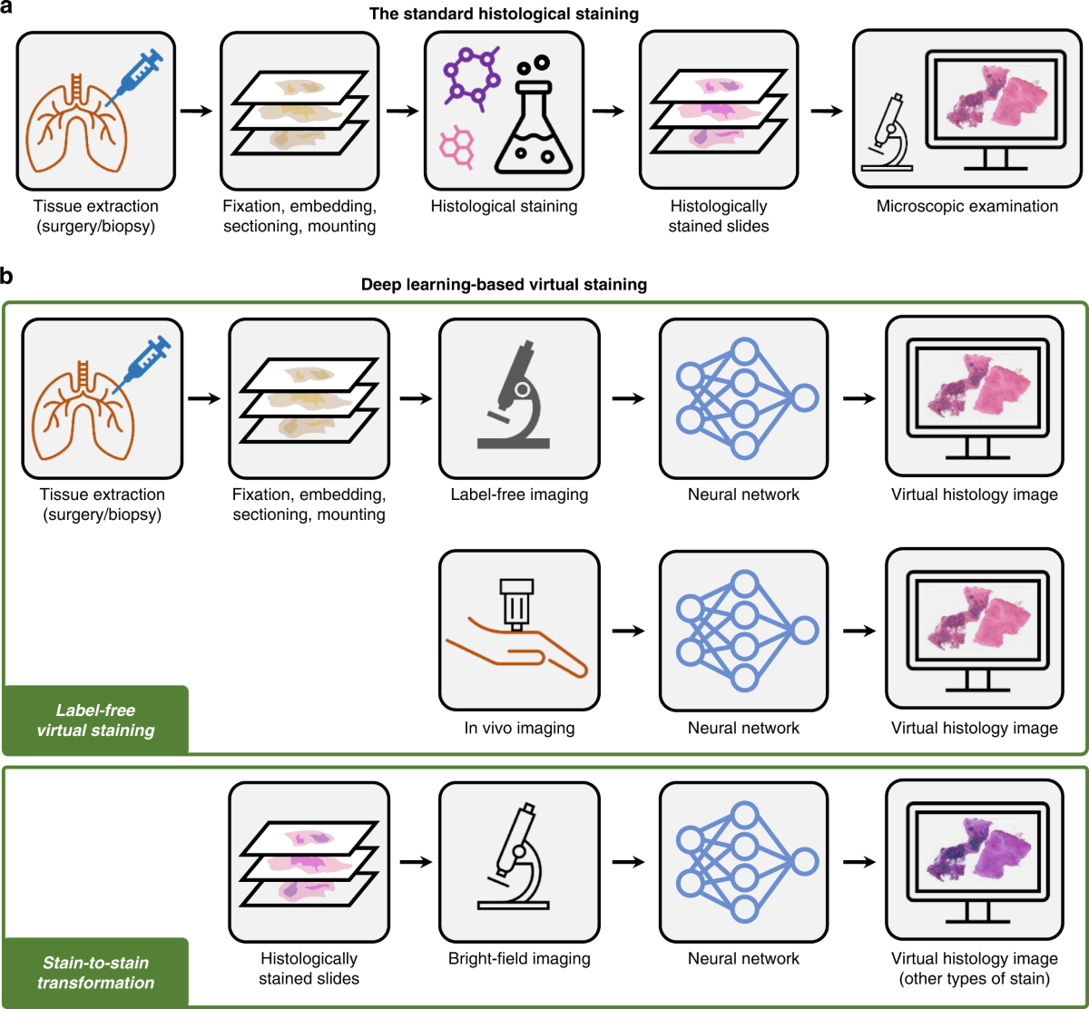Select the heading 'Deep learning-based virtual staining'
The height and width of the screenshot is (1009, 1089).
point(544,284)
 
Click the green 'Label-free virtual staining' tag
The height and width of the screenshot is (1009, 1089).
point(95,720)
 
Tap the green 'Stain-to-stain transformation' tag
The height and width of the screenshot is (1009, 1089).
point(95,972)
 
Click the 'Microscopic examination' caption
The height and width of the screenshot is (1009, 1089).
point(966,206)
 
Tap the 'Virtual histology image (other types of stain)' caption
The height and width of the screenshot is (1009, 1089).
point(974,969)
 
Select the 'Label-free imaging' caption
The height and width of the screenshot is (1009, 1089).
point(518,495)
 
